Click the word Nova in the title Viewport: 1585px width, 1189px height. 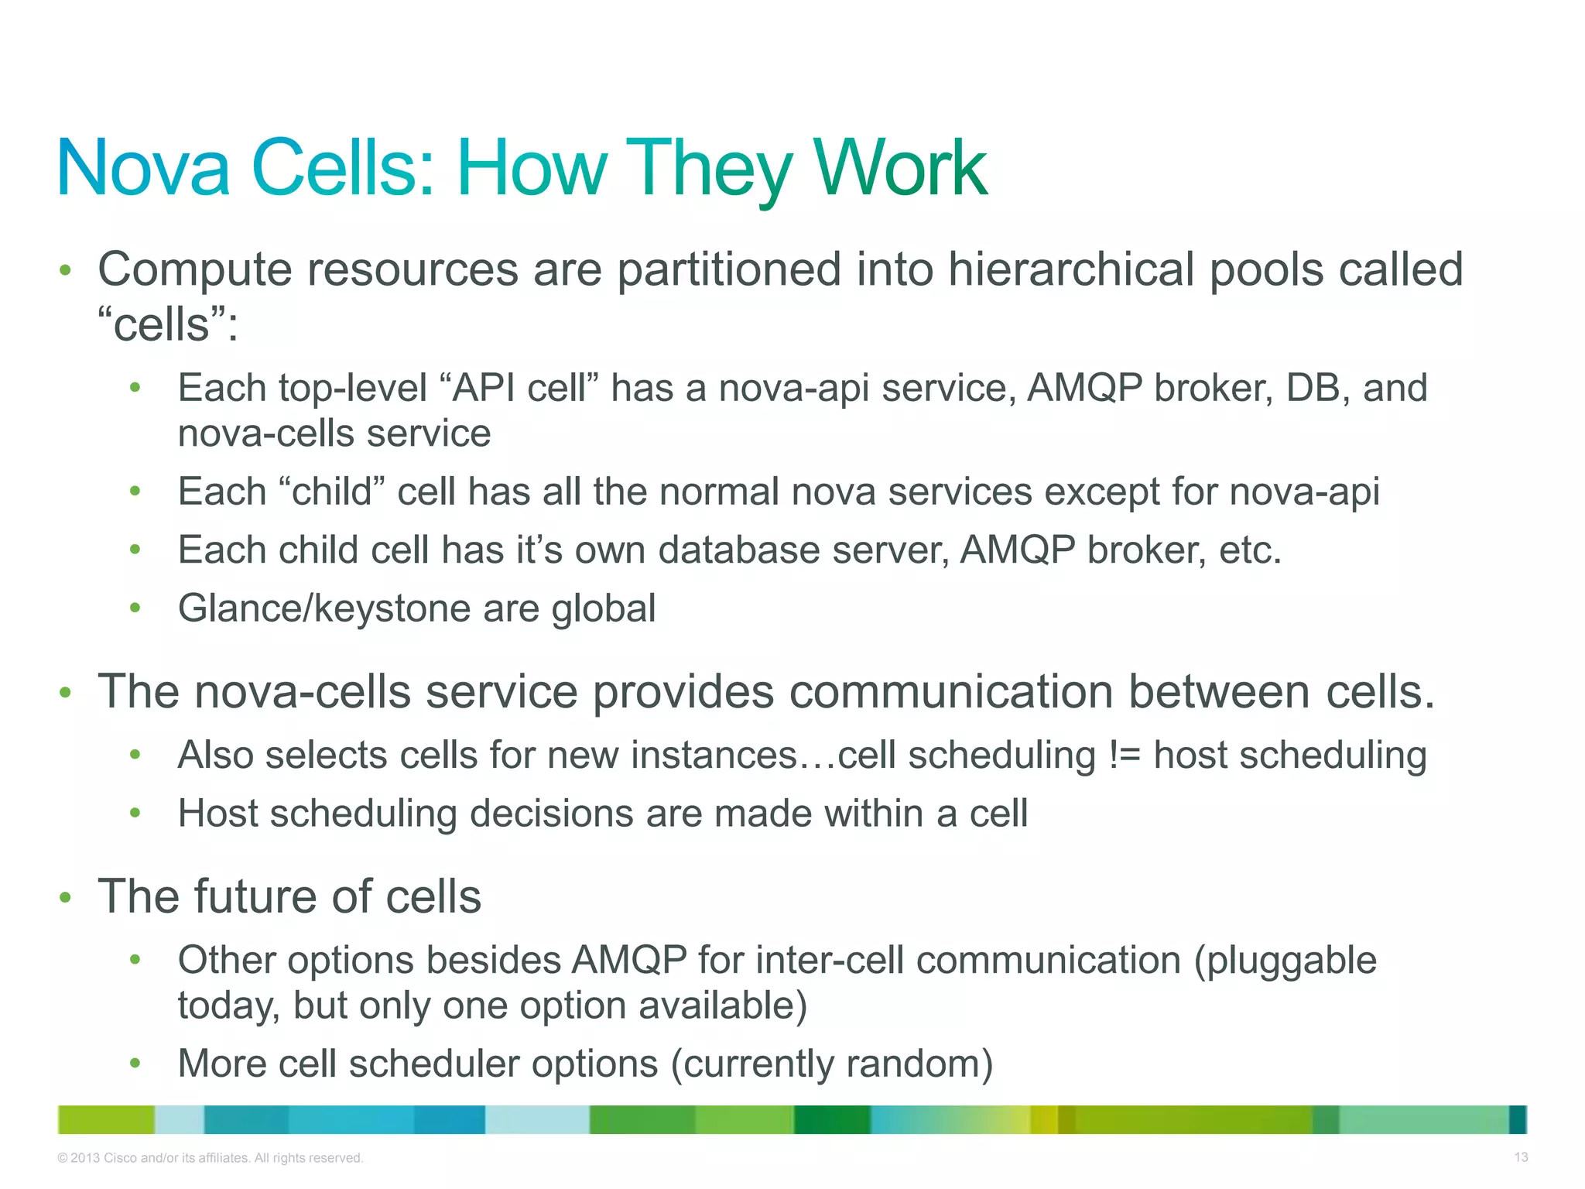click(x=144, y=169)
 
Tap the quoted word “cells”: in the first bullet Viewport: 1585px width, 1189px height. click(x=168, y=324)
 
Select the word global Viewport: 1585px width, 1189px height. click(x=603, y=608)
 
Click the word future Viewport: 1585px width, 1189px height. click(x=256, y=897)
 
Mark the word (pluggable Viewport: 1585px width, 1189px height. click(x=1285, y=961)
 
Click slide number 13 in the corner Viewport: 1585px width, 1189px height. click(x=1521, y=1157)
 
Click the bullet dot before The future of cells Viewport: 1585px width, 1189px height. click(x=66, y=898)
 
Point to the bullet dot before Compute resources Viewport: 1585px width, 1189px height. click(x=66, y=271)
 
